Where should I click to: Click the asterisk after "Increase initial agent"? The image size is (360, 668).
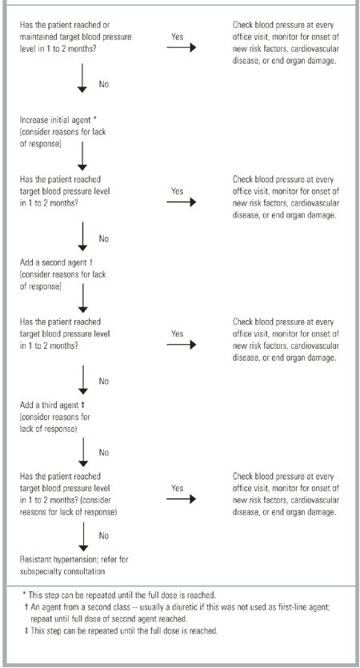click(95, 118)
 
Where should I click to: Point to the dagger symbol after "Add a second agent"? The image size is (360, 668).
click(90, 262)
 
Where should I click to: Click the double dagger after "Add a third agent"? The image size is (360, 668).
click(83, 405)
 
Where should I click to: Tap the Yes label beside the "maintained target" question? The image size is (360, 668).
click(178, 37)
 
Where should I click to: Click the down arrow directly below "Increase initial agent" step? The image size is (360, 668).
click(82, 156)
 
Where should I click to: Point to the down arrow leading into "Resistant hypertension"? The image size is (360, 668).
click(83, 537)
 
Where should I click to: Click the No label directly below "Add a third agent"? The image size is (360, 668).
click(104, 453)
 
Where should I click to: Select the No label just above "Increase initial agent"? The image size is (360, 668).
click(104, 84)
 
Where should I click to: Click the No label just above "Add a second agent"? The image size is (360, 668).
click(104, 238)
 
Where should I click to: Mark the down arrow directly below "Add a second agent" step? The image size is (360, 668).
click(83, 298)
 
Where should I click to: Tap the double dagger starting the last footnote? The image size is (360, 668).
click(27, 631)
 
